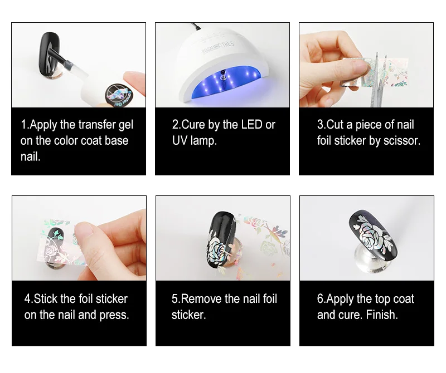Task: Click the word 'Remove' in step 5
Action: pyautogui.click(x=201, y=298)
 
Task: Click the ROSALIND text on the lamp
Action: pyautogui.click(x=211, y=48)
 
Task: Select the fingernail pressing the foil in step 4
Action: pyautogui.click(x=85, y=231)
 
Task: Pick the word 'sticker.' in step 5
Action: pyautogui.click(x=188, y=315)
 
